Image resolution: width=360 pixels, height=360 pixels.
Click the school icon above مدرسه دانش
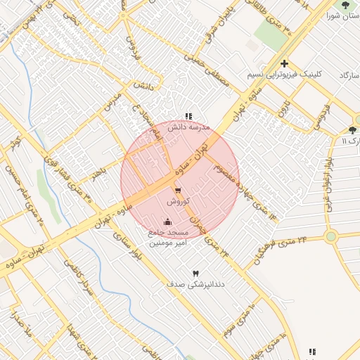tap(188, 116)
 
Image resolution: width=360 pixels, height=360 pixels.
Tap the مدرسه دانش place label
tap(188, 127)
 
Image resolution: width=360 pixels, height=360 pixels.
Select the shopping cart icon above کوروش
tap(177, 190)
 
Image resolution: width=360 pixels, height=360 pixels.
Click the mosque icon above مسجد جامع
tap(167, 222)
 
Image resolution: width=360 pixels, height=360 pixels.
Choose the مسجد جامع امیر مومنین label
tap(168, 237)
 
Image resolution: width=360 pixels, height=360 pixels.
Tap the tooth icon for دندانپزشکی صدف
tap(195, 273)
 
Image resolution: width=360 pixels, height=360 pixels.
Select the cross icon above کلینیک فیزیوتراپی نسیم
tap(284, 63)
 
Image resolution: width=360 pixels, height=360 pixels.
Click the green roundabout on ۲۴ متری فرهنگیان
tap(333, 236)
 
